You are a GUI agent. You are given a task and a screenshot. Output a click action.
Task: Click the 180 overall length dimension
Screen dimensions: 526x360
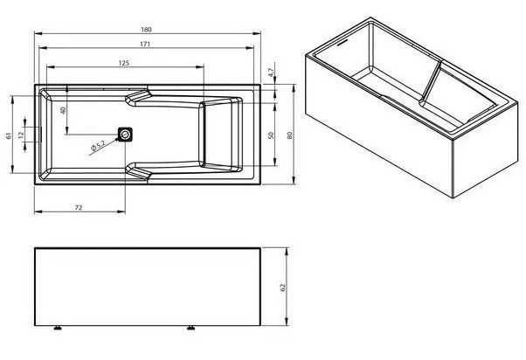pos(146,30)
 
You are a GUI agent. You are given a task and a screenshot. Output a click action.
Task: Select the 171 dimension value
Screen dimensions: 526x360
pos(145,44)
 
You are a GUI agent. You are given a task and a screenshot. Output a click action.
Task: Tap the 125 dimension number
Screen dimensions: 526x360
pos(124,63)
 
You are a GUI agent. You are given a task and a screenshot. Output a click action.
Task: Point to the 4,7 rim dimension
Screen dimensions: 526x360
pos(272,73)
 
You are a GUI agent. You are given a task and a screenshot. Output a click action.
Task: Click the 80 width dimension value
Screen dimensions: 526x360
pos(290,135)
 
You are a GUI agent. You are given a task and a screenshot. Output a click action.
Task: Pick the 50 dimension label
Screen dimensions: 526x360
pos(271,135)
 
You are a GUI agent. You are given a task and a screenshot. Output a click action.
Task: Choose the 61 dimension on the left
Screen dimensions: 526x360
pos(9,135)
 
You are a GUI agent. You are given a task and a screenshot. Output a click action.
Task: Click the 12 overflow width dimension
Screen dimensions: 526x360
pos(21,135)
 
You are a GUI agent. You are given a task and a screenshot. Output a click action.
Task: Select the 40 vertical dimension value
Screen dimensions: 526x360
pos(63,110)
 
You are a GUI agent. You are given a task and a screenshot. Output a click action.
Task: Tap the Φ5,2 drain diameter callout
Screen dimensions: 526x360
pos(98,145)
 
